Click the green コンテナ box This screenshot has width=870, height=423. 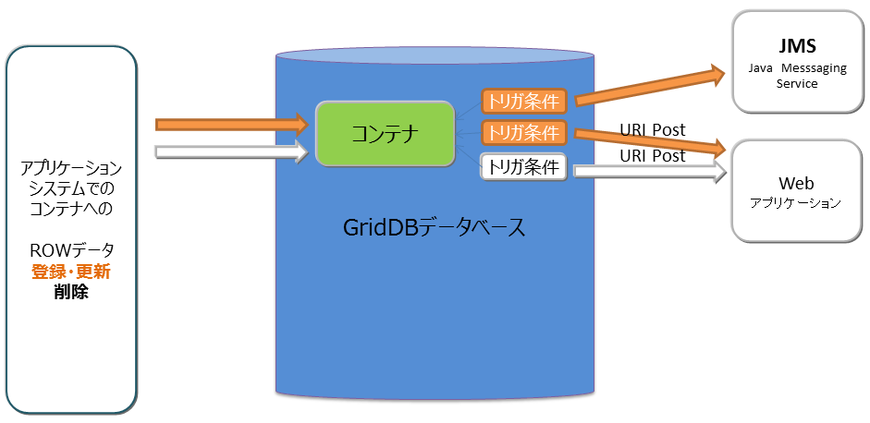pyautogui.click(x=385, y=135)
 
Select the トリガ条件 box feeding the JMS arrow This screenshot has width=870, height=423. pyautogui.click(x=522, y=103)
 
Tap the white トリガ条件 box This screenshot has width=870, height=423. pyautogui.click(x=522, y=167)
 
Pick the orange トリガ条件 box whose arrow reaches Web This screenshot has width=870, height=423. pyautogui.click(x=522, y=133)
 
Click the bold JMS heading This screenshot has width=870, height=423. pyautogui.click(x=796, y=46)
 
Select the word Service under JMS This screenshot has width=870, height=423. pyautogui.click(x=797, y=83)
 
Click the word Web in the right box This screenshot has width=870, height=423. pyautogui.click(x=796, y=183)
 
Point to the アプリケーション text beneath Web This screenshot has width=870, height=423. pyautogui.click(x=796, y=203)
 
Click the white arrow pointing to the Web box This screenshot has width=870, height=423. pyautogui.click(x=647, y=171)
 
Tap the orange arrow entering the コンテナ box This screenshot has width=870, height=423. pyautogui.click(x=231, y=124)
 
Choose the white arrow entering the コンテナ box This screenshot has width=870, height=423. pyautogui.click(x=231, y=152)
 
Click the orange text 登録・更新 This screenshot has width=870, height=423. pyautogui.click(x=71, y=272)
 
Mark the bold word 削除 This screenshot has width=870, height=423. pyautogui.click(x=71, y=293)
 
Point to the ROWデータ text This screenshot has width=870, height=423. pyautogui.click(x=71, y=251)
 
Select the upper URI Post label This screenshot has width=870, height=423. pyautogui.click(x=653, y=129)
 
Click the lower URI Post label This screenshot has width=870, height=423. pyautogui.click(x=653, y=155)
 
